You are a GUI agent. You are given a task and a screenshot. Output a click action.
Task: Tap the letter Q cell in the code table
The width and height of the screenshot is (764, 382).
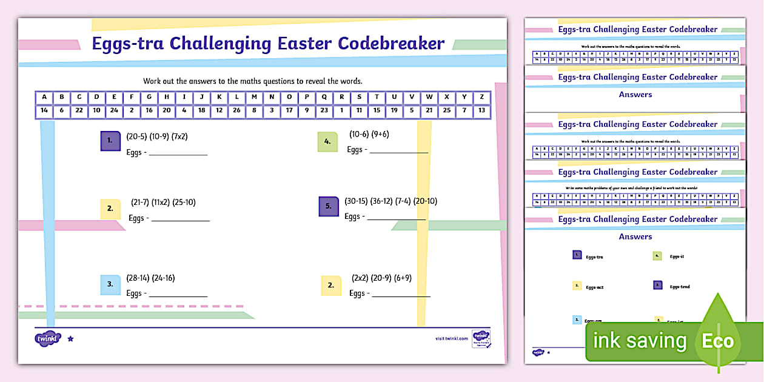pyautogui.click(x=324, y=97)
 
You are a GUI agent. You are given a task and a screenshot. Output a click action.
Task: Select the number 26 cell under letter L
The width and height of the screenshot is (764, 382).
pyautogui.click(x=236, y=110)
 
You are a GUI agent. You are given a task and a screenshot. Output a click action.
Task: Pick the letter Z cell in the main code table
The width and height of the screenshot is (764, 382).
pyautogui.click(x=481, y=97)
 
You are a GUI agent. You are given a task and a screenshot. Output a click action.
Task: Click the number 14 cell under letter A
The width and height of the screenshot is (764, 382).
pyautogui.click(x=44, y=110)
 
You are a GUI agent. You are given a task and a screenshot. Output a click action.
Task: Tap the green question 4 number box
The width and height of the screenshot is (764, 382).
pyautogui.click(x=327, y=141)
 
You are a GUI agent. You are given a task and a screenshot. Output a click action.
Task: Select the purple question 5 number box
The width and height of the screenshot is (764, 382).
pyautogui.click(x=328, y=206)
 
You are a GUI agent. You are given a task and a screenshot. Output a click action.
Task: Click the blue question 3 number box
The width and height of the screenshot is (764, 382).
pyautogui.click(x=110, y=284)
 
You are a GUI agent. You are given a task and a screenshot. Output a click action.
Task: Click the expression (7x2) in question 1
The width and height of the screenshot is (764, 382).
pyautogui.click(x=179, y=136)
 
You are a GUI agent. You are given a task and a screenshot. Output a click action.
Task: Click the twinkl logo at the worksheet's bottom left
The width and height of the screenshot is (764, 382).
pyautogui.click(x=49, y=338)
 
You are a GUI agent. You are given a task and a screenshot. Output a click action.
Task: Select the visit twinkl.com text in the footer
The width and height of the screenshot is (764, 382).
pyautogui.click(x=452, y=338)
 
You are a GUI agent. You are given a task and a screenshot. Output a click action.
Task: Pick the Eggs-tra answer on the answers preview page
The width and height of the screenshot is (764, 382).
pyautogui.click(x=594, y=257)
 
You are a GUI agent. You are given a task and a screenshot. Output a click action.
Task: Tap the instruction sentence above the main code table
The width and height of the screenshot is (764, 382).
pyautogui.click(x=253, y=81)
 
